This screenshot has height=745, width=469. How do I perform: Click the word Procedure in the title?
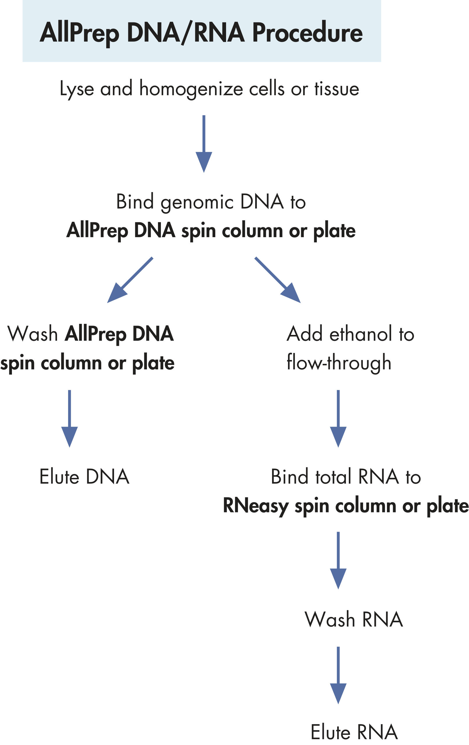tap(307, 33)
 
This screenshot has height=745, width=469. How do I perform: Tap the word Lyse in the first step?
tap(77, 89)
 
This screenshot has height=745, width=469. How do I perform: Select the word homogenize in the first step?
tap(191, 89)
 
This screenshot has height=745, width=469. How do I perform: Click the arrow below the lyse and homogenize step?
tap(204, 143)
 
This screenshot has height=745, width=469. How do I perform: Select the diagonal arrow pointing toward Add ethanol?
tap(278, 280)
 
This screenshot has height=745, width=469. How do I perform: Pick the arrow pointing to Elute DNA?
tap(69, 418)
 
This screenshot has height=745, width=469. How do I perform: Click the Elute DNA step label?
tap(84, 477)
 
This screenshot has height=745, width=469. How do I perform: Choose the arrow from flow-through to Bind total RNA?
tap(338, 418)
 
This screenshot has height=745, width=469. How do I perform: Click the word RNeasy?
tap(255, 506)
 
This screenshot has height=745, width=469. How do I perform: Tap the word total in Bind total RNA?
tap(333, 477)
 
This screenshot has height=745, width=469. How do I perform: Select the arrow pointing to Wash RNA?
tap(338, 560)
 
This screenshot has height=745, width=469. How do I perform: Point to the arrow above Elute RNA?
tap(338, 675)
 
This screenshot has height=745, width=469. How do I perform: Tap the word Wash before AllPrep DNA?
tap(33, 334)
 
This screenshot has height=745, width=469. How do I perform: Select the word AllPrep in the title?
tap(79, 33)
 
